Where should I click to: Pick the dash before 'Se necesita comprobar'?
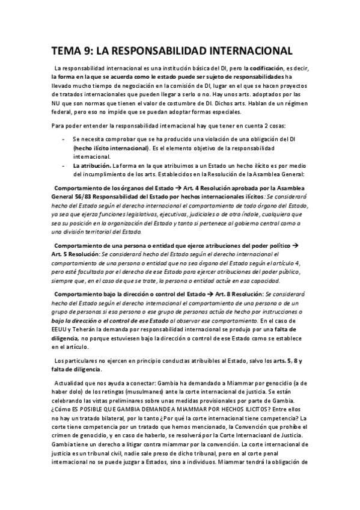click(64, 138)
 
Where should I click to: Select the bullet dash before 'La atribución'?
click(64, 165)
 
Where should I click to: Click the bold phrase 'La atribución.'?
click(90, 165)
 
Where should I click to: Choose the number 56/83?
click(86, 195)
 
